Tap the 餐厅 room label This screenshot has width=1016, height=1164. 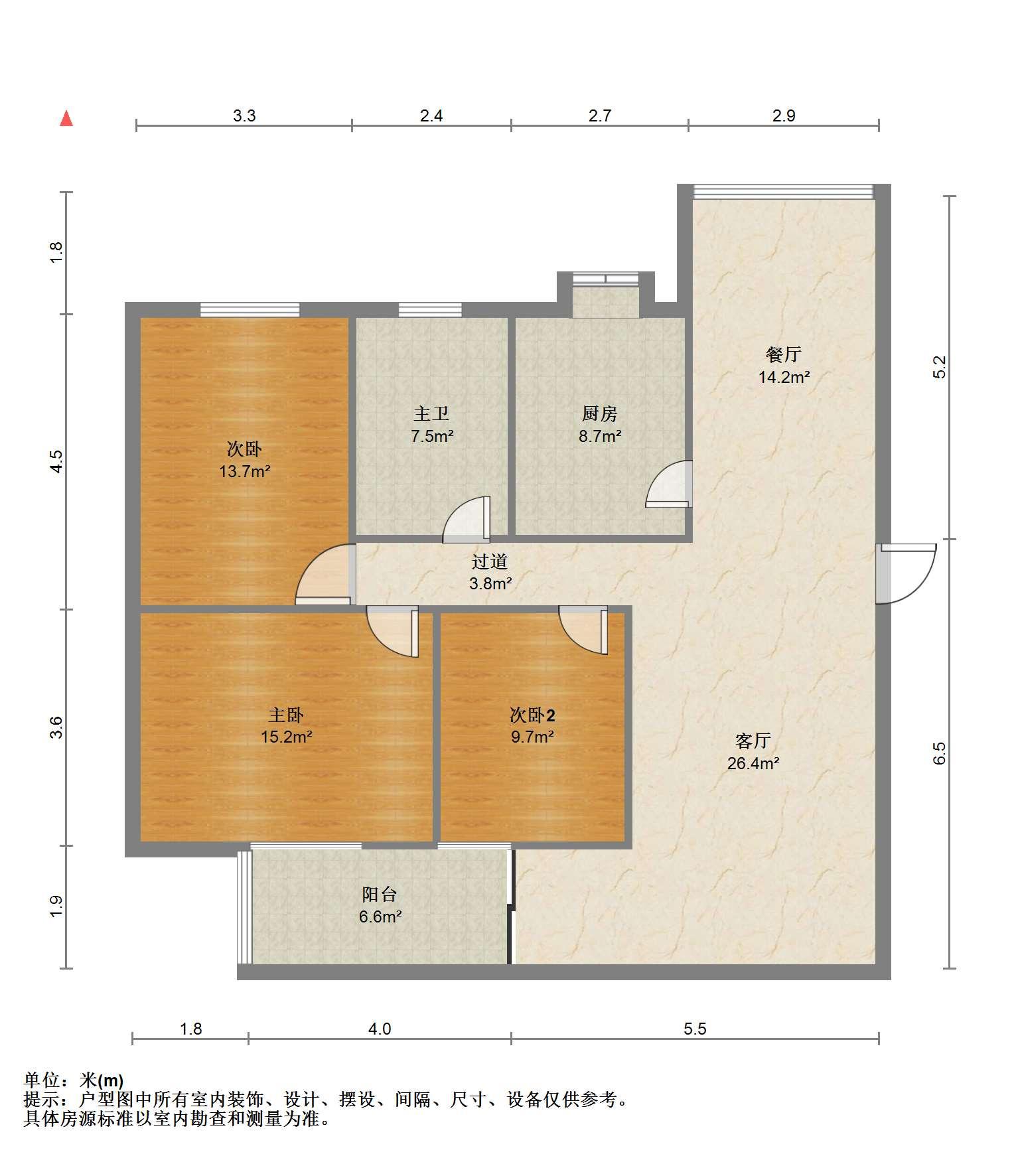784,354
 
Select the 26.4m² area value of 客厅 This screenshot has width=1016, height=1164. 753,763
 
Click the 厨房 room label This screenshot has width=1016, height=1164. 600,414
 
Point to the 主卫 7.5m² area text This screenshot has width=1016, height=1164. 432,436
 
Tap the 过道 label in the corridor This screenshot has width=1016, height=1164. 490,562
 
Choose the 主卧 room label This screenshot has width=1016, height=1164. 286,715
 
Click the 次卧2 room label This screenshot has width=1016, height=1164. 532,715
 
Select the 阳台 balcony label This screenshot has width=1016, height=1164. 380,895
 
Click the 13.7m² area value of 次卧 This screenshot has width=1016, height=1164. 245,472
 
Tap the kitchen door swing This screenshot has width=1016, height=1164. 669,484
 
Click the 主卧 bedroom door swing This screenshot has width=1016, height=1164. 393,632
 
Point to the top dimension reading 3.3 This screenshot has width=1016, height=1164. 244,116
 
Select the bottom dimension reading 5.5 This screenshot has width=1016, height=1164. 695,1029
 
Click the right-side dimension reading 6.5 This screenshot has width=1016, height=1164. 939,753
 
